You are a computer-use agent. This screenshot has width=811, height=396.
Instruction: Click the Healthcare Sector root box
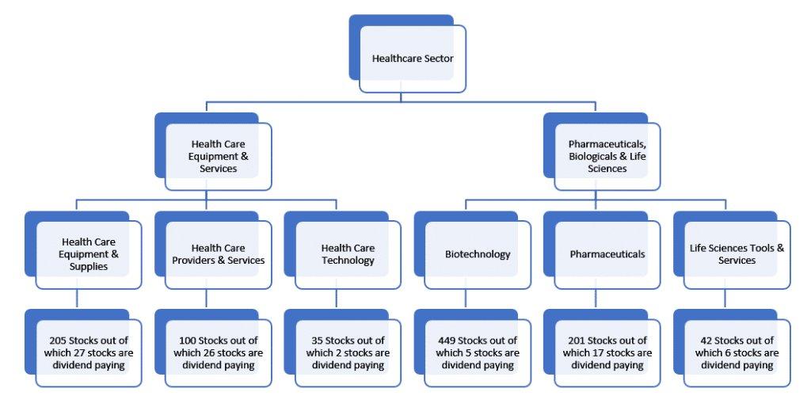coord(412,59)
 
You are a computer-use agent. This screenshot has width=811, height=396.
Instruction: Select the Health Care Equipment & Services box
coord(218,156)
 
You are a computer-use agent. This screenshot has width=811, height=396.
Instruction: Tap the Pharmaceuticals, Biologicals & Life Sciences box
coord(607,156)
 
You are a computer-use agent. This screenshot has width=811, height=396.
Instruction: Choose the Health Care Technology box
coord(347,254)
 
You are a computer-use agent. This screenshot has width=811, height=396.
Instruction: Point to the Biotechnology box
coord(478,254)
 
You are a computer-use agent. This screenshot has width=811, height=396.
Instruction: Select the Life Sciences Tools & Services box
coord(737,254)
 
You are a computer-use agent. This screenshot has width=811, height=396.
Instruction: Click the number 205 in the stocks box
coord(59,341)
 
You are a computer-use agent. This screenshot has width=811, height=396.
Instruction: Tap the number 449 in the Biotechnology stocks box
coord(447,341)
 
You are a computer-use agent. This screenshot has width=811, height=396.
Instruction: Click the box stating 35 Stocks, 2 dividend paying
coord(347,352)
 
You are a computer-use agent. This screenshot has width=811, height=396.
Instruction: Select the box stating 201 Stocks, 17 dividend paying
coord(607,352)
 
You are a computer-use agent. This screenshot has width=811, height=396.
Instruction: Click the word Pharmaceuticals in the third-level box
coord(607,254)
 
